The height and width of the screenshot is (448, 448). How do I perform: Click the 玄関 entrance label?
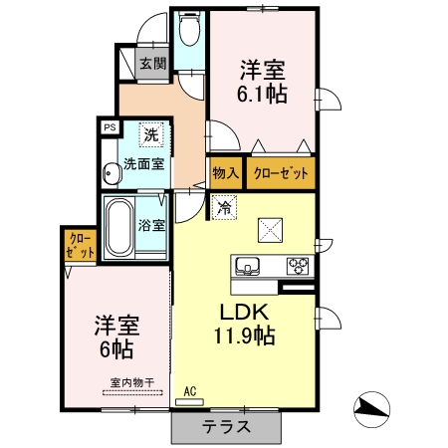tap(152, 66)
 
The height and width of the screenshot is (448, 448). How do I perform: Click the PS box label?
tap(110, 127)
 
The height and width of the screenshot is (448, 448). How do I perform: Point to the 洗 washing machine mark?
tap(149, 133)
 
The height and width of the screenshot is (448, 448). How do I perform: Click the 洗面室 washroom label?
tap(143, 165)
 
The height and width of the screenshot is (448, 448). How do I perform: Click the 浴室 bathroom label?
tap(152, 226)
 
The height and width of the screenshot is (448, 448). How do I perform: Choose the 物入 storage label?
tap(226, 172)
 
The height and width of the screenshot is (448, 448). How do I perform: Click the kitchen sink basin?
tap(247, 265)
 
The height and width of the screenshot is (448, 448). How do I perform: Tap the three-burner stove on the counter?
tap(299, 265)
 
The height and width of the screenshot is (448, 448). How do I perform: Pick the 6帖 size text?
tap(114, 349)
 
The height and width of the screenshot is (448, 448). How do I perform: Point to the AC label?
tap(189, 391)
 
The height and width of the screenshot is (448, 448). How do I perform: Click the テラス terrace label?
tap(226, 427)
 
